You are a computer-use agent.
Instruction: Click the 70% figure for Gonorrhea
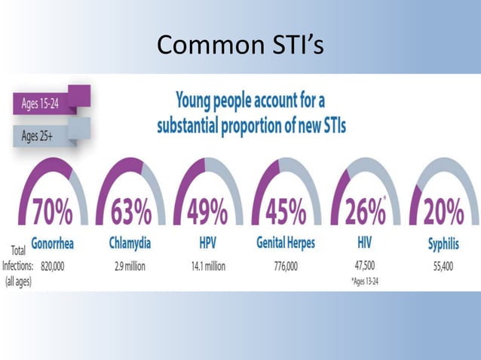click(x=52, y=214)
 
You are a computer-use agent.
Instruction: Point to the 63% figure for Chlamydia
click(x=130, y=214)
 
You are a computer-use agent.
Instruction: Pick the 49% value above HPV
click(x=207, y=214)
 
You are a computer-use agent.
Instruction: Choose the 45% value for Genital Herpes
click(x=286, y=214)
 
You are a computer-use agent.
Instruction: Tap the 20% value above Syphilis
click(x=442, y=214)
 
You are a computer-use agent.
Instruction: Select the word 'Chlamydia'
click(x=130, y=245)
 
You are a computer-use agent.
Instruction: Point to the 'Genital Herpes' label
click(x=286, y=245)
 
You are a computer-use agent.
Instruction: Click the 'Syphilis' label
click(x=443, y=245)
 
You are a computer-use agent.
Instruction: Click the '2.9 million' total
click(x=130, y=266)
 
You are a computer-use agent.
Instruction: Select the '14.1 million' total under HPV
click(x=208, y=266)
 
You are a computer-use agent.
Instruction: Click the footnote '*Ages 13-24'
click(x=365, y=282)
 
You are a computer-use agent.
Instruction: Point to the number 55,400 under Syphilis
click(x=443, y=266)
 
